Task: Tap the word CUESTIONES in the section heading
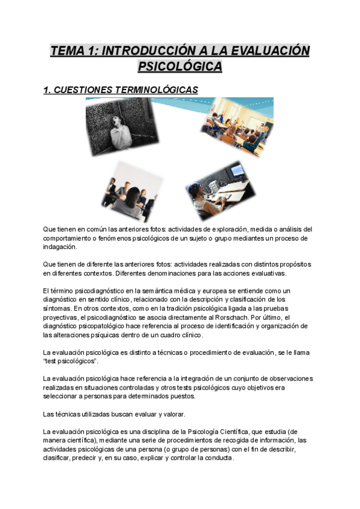pos(91,90)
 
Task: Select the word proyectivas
pos(62,317)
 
